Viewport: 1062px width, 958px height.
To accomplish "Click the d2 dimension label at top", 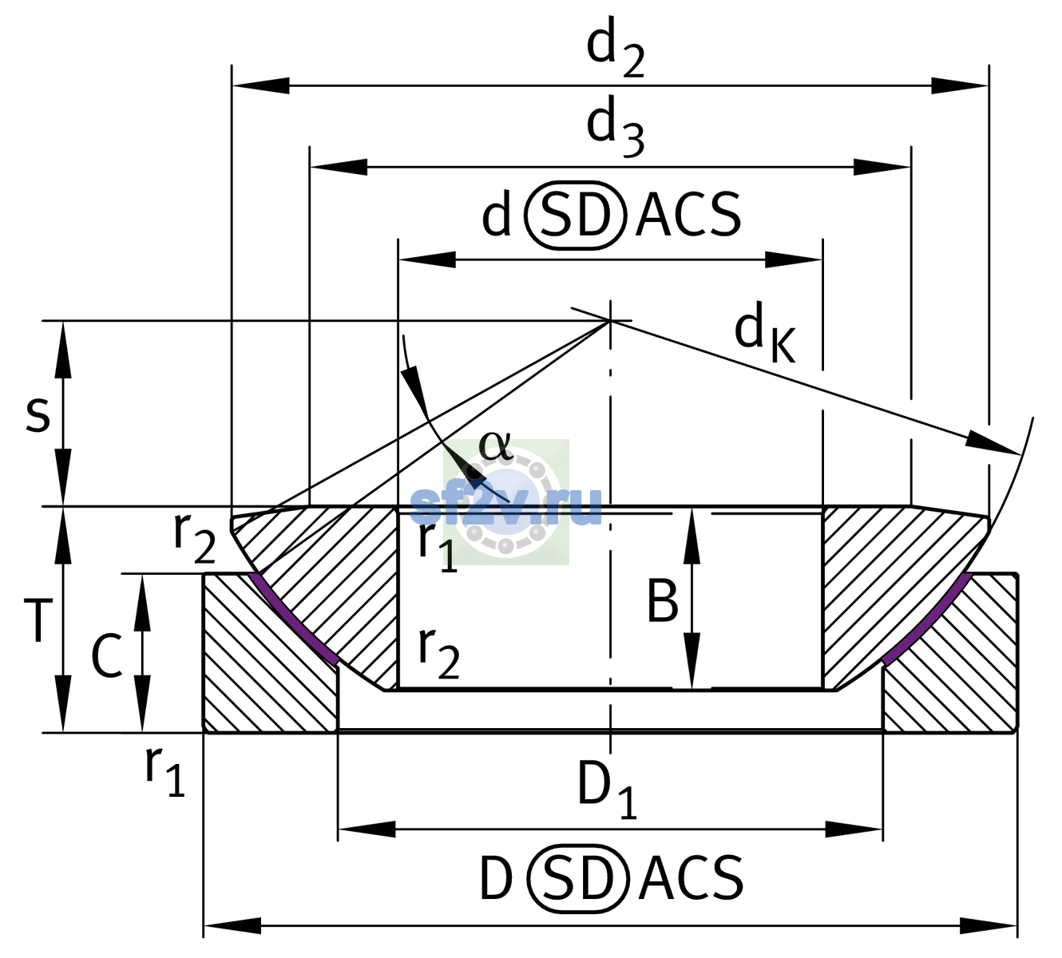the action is (615, 48).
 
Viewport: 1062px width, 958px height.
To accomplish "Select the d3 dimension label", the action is (615, 127).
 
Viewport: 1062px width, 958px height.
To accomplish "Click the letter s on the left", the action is (38, 414).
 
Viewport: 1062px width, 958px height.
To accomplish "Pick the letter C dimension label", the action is (107, 655).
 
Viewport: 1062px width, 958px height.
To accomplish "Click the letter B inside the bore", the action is (662, 601).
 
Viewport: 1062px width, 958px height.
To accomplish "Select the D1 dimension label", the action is (607, 790).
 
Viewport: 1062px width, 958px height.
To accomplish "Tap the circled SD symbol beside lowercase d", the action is (576, 215).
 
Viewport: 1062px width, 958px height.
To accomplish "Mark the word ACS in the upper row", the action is (688, 215).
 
